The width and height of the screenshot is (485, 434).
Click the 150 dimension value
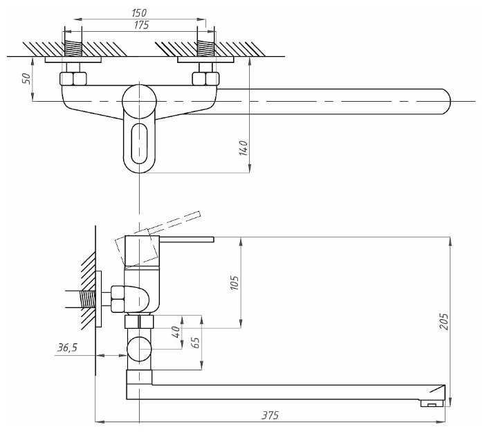coord(138,13)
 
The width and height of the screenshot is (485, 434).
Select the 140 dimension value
coord(243,147)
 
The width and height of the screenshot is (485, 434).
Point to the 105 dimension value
coord(234,282)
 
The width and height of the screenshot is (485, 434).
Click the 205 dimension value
coord(444,321)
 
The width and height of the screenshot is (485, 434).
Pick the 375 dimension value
coord(270,415)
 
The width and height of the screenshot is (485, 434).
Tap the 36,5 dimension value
coord(66,348)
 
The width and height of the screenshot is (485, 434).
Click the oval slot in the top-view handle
coord(140,142)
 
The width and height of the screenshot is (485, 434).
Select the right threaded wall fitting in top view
coord(205,49)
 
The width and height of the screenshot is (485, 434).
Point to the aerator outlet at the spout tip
coord(432,404)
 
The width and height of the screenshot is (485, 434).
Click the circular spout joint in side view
coord(139,349)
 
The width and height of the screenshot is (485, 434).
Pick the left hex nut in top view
coord(73,78)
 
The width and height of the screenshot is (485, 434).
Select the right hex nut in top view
coord(206,78)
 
